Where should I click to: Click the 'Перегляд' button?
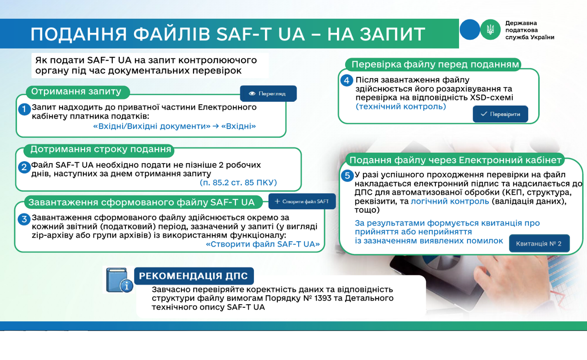(x=268, y=94)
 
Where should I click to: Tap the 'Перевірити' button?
(x=500, y=114)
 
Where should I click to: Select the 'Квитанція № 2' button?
(x=539, y=243)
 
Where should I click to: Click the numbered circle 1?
(x=24, y=109)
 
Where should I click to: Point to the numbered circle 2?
(x=24, y=167)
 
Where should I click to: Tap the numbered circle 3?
(x=24, y=219)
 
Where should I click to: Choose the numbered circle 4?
(x=346, y=80)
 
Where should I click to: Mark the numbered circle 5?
(x=347, y=175)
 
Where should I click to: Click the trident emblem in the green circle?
(x=490, y=29)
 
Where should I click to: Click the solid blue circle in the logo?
(x=470, y=29)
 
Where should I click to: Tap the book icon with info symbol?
(x=119, y=280)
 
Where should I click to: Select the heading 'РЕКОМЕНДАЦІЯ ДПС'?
(x=193, y=276)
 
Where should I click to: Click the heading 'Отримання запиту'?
(x=76, y=92)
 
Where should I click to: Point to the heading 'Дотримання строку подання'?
(x=101, y=149)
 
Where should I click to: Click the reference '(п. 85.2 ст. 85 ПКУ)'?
(x=238, y=183)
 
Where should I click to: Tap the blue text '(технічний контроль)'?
(x=401, y=107)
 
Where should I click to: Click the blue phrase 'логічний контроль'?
(x=450, y=201)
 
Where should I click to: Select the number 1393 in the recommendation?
(x=323, y=298)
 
